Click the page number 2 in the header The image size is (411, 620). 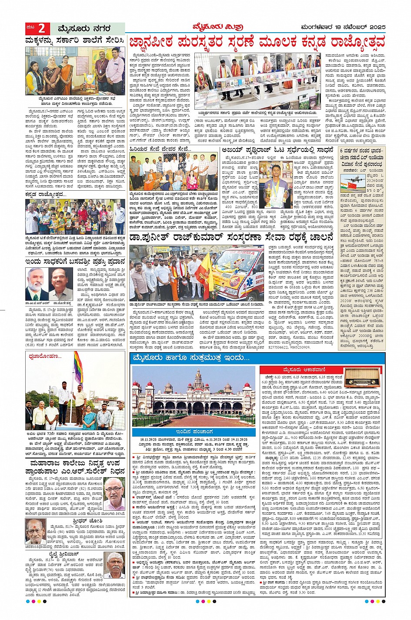(41, 29)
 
